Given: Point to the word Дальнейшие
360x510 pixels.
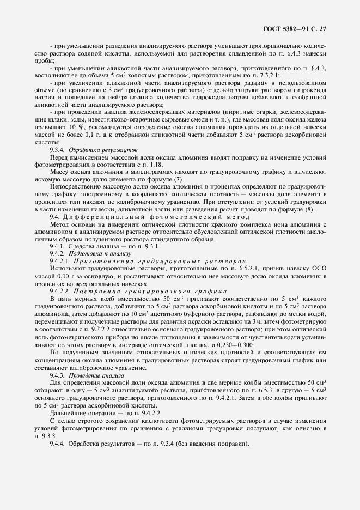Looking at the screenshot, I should pyautogui.click(x=68, y=414).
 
